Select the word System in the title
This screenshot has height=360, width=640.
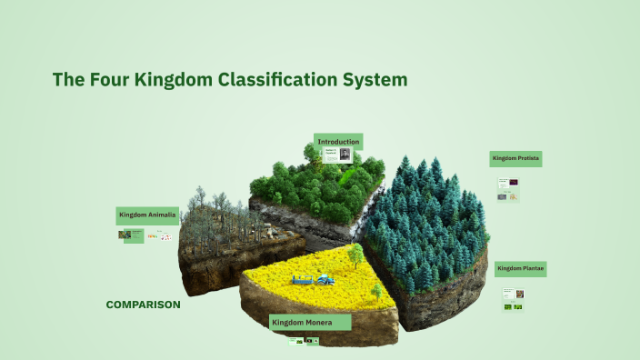click(x=374, y=80)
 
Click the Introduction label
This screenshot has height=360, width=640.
click(x=338, y=142)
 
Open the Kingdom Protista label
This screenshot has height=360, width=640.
click(x=516, y=158)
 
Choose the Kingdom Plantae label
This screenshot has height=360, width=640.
click(x=520, y=269)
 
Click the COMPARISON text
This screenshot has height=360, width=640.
click(x=143, y=305)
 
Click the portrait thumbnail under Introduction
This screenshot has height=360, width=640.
click(x=345, y=155)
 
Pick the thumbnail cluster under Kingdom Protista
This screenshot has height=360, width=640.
click(x=508, y=189)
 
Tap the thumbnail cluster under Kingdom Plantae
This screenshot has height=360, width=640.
click(x=514, y=300)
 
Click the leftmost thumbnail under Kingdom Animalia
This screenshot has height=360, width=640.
click(x=125, y=235)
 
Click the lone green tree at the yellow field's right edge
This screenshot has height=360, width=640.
click(x=376, y=291)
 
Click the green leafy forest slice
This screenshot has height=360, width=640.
click(x=314, y=186)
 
